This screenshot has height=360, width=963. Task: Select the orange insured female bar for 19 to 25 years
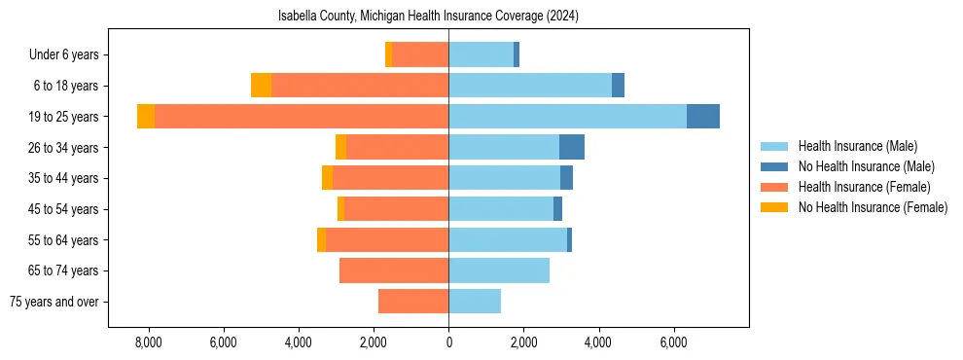(302, 117)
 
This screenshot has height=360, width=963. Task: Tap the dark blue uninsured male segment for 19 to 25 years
(703, 117)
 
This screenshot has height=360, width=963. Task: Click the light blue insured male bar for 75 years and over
(475, 302)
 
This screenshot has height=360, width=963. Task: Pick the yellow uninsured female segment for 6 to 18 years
(261, 86)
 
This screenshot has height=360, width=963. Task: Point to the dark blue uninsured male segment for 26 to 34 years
(572, 147)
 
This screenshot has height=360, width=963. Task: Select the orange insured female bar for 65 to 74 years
(394, 270)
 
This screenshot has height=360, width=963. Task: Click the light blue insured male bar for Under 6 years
(481, 54)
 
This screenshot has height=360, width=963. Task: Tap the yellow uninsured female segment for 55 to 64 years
(321, 239)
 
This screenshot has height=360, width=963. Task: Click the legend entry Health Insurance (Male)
(857, 146)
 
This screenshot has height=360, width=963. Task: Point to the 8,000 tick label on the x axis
(148, 342)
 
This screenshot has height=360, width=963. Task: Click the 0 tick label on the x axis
(448, 342)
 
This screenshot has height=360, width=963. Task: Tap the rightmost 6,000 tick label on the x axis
(674, 342)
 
